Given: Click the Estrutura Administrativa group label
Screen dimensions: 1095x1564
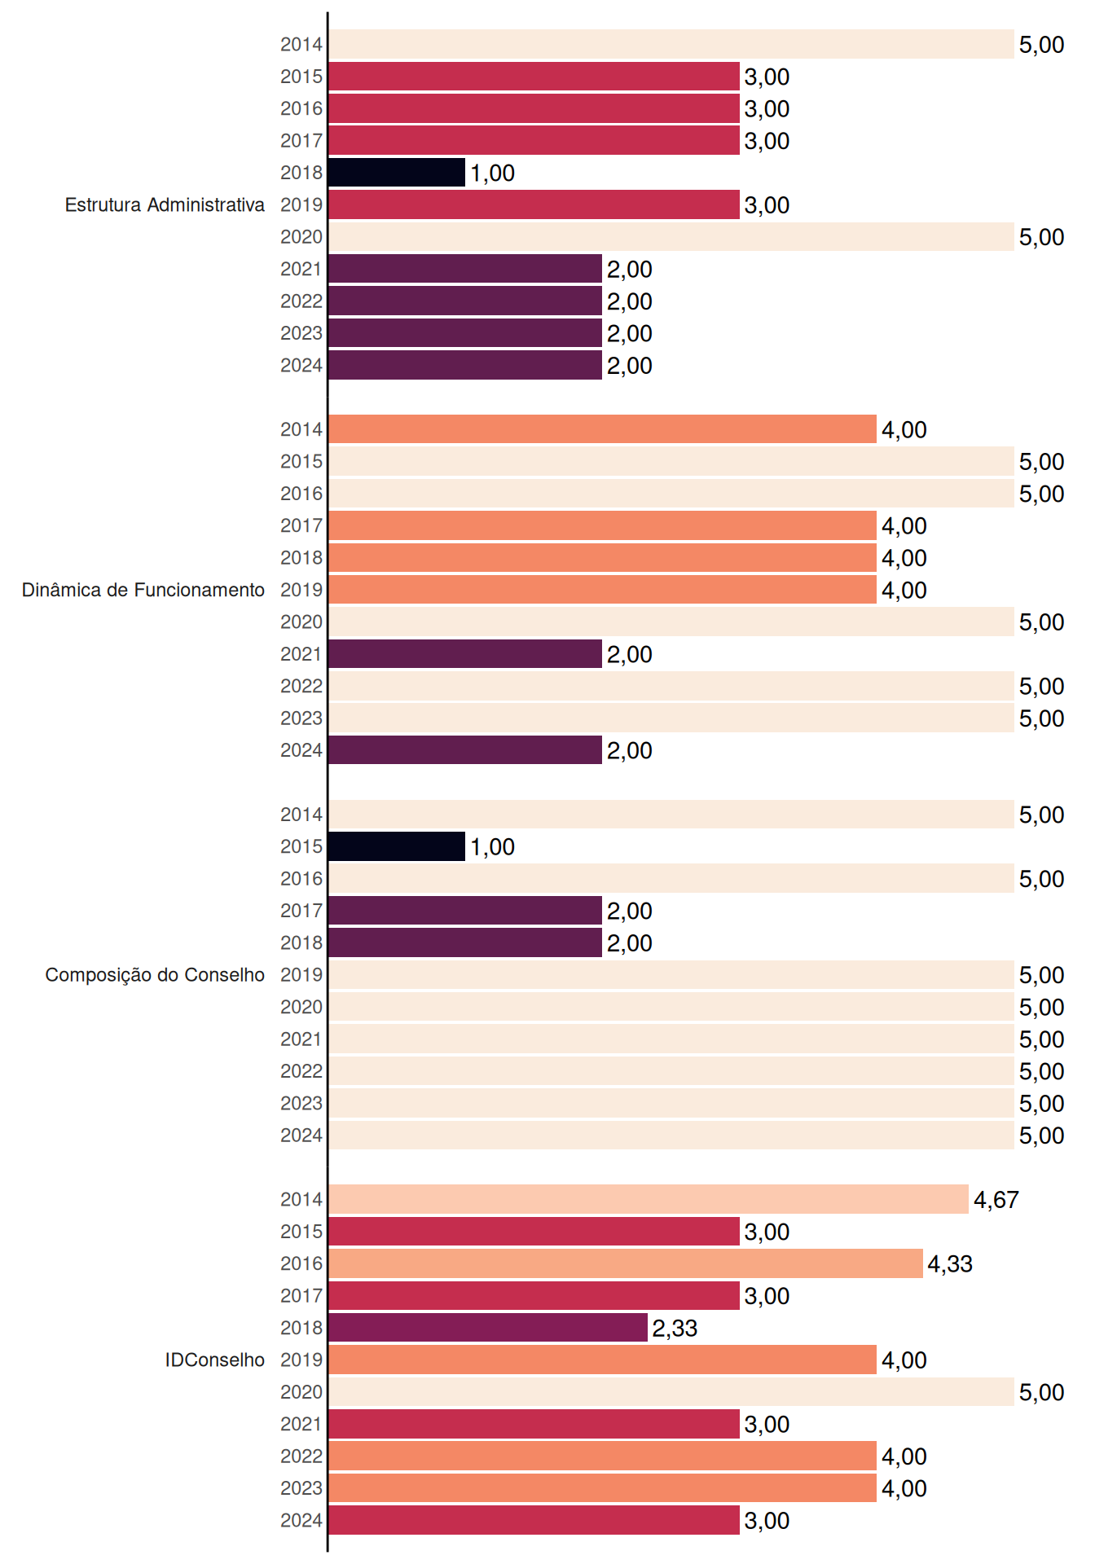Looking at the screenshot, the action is (165, 204).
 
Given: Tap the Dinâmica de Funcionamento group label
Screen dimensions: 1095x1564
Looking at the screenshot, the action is (143, 590).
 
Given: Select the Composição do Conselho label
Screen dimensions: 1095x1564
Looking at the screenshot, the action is (155, 975).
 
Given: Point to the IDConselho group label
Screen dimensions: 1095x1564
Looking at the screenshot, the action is (215, 1360).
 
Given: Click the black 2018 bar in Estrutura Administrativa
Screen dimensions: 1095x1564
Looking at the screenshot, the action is (397, 173).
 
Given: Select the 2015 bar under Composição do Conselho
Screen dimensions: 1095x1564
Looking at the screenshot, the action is (397, 846).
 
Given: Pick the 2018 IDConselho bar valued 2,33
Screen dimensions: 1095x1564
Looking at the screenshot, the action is (488, 1328).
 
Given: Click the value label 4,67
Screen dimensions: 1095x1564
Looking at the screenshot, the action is (996, 1200).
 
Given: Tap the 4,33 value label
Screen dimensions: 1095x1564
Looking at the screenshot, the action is (950, 1264).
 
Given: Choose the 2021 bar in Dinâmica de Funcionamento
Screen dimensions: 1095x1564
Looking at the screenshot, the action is (465, 654).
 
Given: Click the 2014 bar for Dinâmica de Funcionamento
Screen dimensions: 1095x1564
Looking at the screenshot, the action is (603, 429).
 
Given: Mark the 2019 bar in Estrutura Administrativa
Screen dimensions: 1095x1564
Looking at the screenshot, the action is (534, 204).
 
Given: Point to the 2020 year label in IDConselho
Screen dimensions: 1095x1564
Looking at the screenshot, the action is (301, 1392).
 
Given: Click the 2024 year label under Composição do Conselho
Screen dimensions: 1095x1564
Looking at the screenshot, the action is (301, 1136).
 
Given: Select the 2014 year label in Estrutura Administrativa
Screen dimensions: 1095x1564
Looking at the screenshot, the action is (301, 45).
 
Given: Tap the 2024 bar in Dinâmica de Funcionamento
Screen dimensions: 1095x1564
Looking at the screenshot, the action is (465, 750).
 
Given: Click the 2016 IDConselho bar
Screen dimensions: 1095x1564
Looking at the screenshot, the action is (626, 1263).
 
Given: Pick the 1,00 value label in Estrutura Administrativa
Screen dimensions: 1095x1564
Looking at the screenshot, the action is (492, 174).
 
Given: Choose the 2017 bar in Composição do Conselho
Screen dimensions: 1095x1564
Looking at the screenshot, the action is (465, 911).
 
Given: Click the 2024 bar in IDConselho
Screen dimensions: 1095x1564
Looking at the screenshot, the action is (534, 1520).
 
